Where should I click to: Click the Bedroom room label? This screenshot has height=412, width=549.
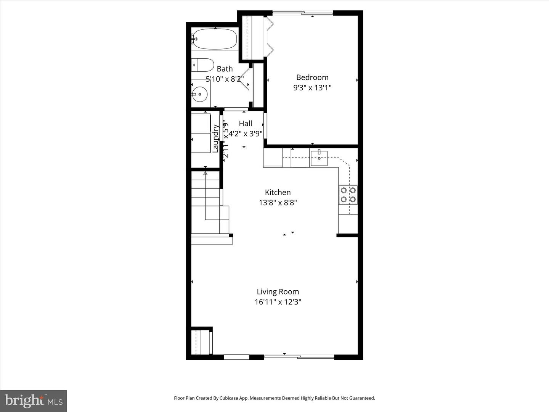312,77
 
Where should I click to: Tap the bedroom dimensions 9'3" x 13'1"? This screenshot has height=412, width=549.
312,88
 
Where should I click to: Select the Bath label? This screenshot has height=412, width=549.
225,69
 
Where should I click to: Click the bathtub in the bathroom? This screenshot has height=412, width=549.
215,39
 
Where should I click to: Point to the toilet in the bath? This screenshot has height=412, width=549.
203,65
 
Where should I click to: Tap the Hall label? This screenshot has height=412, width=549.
246,124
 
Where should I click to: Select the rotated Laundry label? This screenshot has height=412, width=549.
215,138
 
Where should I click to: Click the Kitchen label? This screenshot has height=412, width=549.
278,192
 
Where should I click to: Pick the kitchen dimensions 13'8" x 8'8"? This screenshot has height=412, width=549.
278,203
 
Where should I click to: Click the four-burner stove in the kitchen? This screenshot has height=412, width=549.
348,195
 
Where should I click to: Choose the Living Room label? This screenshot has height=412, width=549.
278,292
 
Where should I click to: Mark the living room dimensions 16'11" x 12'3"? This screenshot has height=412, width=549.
278,302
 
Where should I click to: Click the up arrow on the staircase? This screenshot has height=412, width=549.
205,174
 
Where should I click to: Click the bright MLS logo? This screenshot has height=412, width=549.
34,401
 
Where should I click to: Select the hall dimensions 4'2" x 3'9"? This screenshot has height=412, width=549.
246,134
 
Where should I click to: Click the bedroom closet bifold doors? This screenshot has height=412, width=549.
270,36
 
